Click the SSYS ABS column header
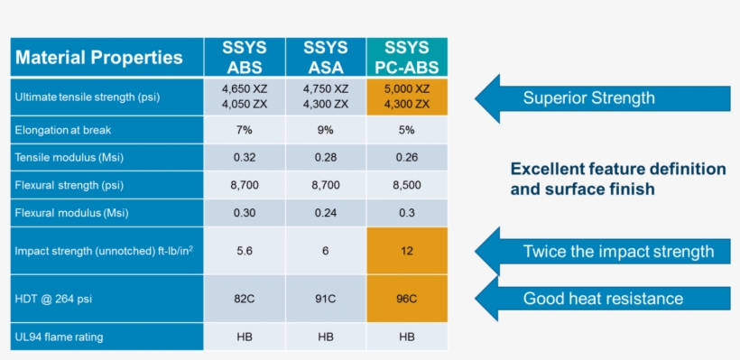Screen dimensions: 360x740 pos(244,58)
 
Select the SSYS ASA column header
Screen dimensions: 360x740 pos(325,58)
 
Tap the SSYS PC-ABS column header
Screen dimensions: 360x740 pos(406,58)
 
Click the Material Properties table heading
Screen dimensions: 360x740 pos(99,59)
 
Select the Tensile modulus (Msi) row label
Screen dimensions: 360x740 pos(69,158)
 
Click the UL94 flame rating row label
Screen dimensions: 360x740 pos(59,337)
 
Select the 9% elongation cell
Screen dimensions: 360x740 pos(325,130)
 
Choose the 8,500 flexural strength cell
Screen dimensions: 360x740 pos(406,185)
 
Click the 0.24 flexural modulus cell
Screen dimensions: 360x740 pos(325,214)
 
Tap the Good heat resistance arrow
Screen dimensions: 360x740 pos(600,299)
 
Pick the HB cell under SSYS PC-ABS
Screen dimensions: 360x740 pos(406,337)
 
